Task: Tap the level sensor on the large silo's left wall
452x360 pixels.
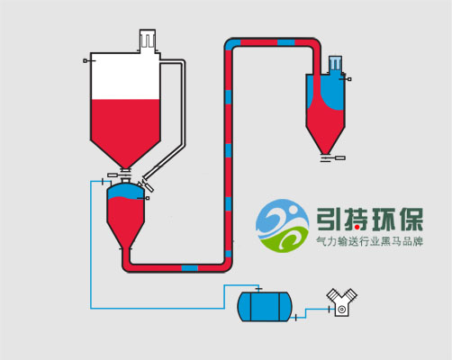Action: [86, 60]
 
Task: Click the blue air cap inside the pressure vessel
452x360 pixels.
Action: [125, 192]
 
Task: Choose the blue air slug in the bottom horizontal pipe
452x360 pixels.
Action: [190, 266]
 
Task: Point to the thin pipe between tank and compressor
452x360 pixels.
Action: [311, 311]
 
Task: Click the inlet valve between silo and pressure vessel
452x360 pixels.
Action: [125, 174]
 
